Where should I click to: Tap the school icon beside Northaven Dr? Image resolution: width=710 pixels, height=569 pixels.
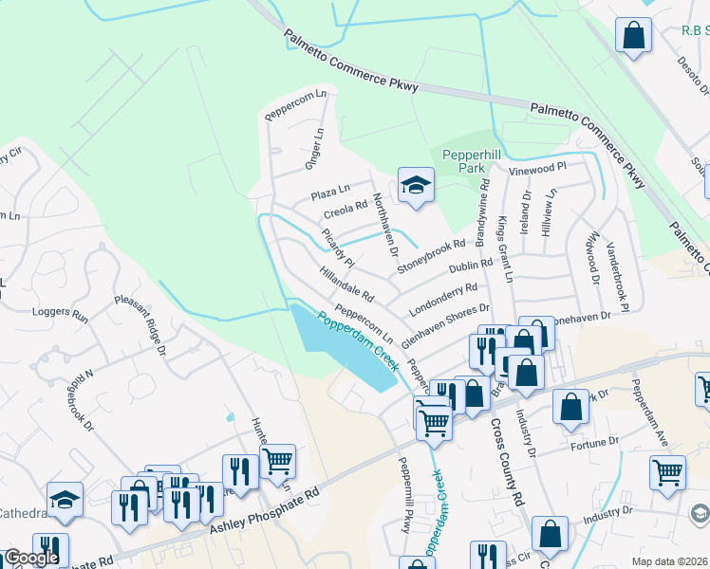pyautogui.click(x=415, y=186)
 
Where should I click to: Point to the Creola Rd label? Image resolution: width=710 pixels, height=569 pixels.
pyautogui.click(x=346, y=208)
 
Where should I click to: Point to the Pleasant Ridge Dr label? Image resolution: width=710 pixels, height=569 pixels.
pyautogui.click(x=140, y=322)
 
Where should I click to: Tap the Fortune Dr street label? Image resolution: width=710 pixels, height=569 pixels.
pyautogui.click(x=595, y=442)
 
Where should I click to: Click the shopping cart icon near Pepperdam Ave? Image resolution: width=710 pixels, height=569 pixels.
pyautogui.click(x=668, y=471)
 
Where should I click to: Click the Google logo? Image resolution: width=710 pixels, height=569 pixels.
pyautogui.click(x=31, y=559)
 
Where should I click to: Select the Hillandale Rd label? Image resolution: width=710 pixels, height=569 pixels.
pyautogui.click(x=347, y=285)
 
